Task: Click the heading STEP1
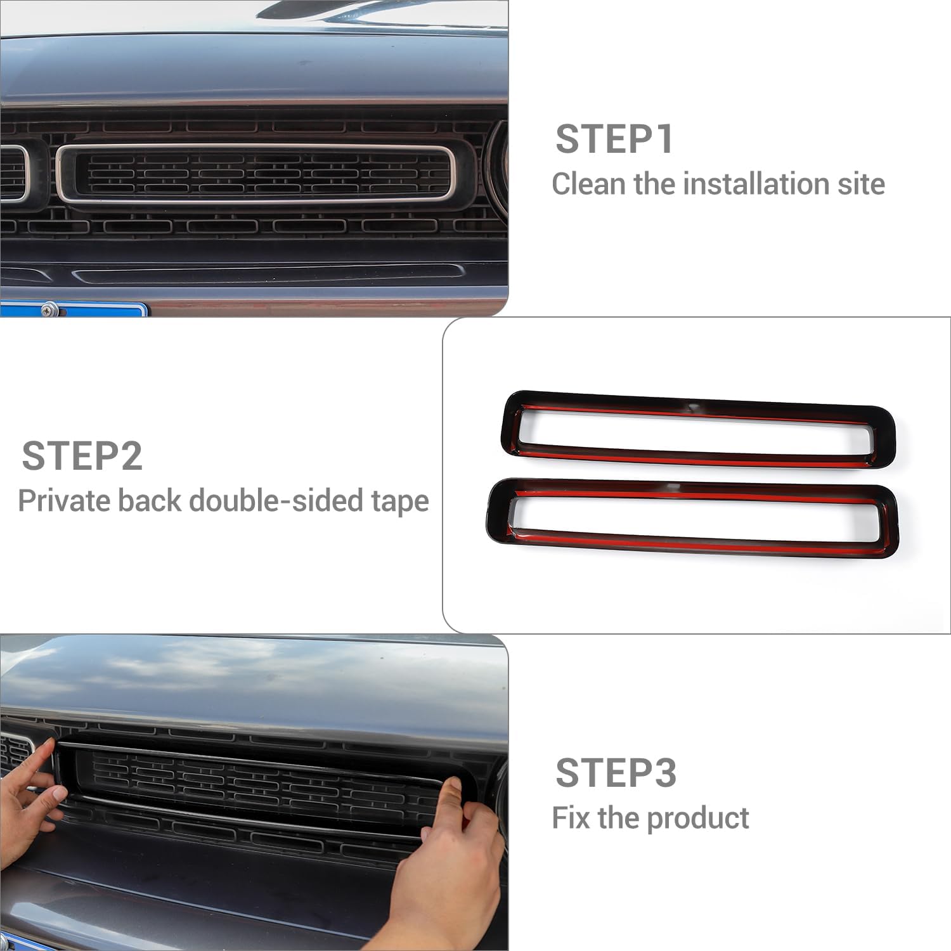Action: click(x=614, y=139)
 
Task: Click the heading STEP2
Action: click(x=82, y=456)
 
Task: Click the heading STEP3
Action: click(x=616, y=773)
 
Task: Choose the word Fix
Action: click(x=571, y=818)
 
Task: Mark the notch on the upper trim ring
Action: click(x=694, y=405)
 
